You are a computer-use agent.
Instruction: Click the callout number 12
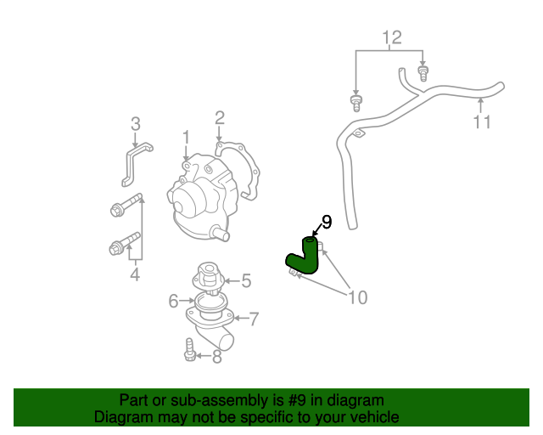pyautogui.click(x=391, y=37)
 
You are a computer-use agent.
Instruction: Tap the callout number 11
pyautogui.click(x=481, y=122)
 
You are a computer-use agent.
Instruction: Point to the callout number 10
pyautogui.click(x=357, y=297)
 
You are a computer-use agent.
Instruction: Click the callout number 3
pyautogui.click(x=135, y=125)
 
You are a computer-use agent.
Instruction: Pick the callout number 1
pyautogui.click(x=185, y=137)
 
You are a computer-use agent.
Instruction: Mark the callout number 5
pyautogui.click(x=246, y=280)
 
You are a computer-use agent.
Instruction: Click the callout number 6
pyautogui.click(x=173, y=300)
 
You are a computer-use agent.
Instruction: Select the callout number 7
pyautogui.click(x=253, y=319)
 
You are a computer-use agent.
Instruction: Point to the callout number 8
pyautogui.click(x=217, y=357)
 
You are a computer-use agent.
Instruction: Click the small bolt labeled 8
pyautogui.click(x=190, y=349)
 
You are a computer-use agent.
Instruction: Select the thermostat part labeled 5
pyautogui.click(x=208, y=275)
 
